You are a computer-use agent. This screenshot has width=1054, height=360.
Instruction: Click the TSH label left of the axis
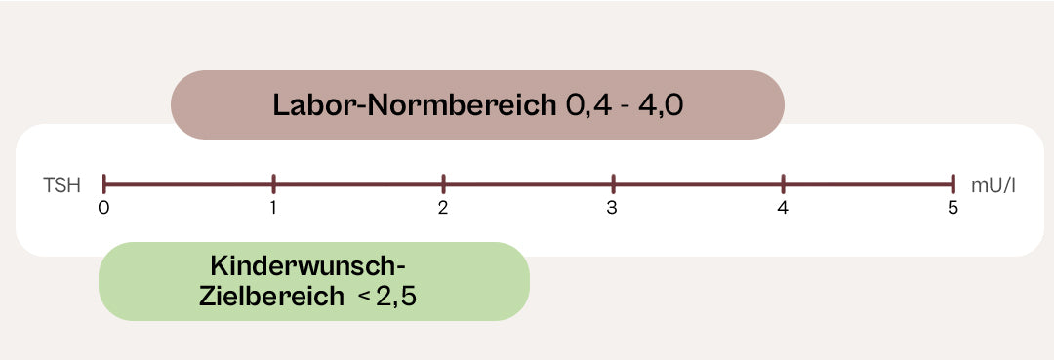click(x=61, y=186)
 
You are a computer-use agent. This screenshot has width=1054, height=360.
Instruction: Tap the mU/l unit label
click(x=993, y=186)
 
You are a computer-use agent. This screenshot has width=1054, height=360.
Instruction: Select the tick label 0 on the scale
click(x=103, y=208)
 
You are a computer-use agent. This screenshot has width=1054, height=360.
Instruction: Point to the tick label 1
click(x=273, y=208)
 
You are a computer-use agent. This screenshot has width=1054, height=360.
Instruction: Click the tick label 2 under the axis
click(x=443, y=208)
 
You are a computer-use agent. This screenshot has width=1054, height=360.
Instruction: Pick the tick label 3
click(x=612, y=208)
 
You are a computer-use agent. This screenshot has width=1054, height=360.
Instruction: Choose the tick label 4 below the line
click(x=783, y=208)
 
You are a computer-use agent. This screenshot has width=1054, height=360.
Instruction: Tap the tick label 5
click(x=953, y=208)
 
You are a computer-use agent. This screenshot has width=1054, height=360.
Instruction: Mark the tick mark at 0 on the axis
click(x=104, y=183)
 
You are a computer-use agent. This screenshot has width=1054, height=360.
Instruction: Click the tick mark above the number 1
click(x=273, y=183)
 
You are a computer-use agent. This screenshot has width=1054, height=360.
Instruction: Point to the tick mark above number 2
click(x=444, y=183)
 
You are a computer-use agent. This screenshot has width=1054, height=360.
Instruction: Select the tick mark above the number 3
click(x=613, y=183)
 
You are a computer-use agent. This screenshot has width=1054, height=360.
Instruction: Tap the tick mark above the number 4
click(x=783, y=183)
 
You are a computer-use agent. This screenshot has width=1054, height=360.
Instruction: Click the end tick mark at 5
click(x=953, y=183)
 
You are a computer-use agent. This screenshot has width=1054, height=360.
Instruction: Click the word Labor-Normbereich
click(x=415, y=105)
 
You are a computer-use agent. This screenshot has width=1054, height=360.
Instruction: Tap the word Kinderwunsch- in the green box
click(x=307, y=266)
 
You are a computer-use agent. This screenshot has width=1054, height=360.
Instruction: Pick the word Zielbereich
click(x=271, y=297)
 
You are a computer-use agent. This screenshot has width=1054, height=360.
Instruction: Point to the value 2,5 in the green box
click(x=396, y=297)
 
